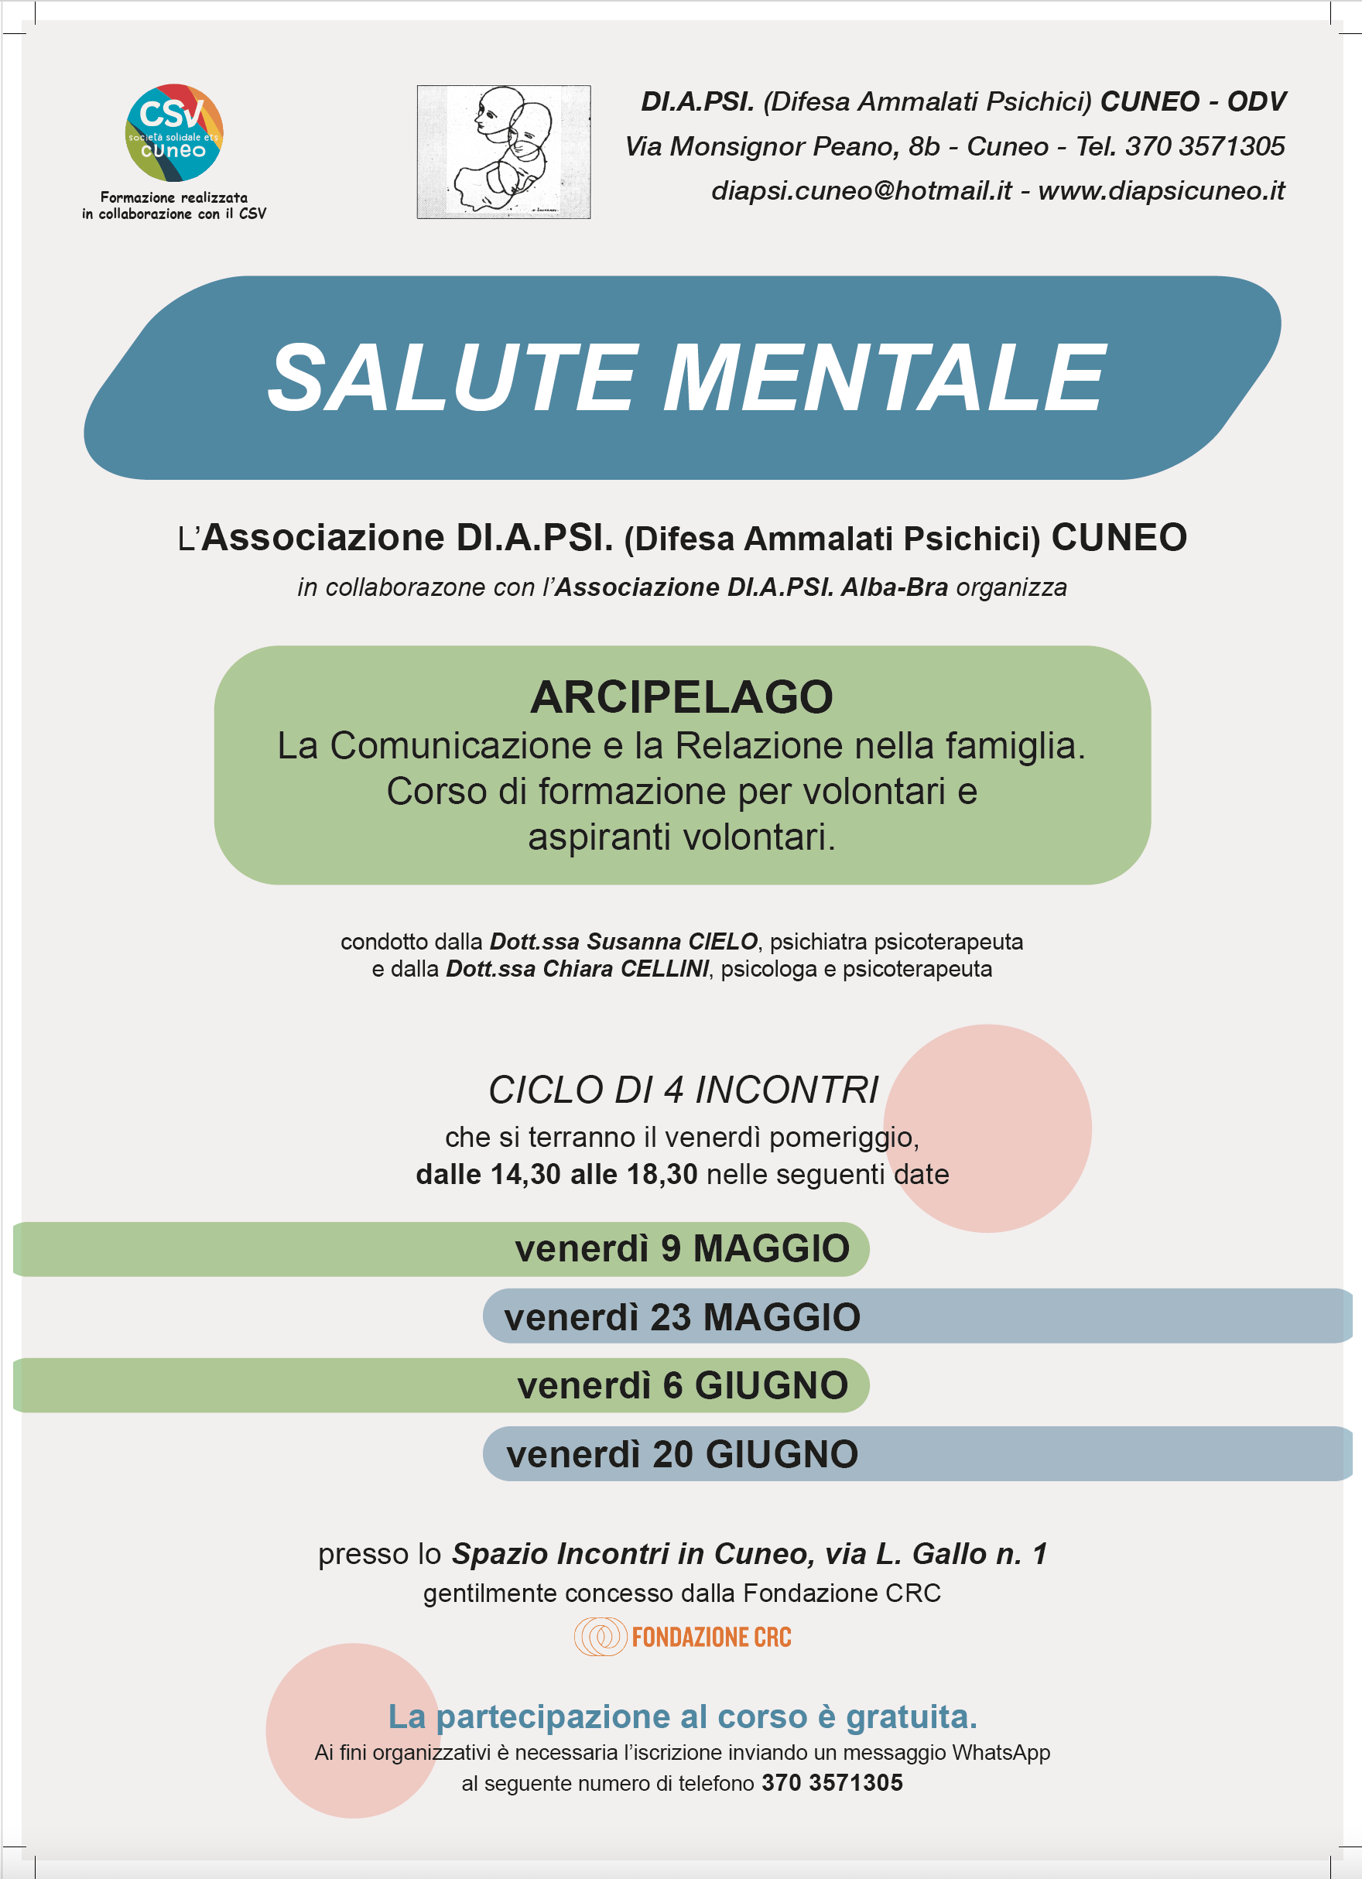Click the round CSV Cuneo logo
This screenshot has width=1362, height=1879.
(174, 132)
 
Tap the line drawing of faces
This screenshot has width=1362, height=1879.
(503, 152)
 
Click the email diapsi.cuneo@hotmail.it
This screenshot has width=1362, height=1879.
(861, 191)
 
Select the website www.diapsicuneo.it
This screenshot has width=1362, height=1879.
(1161, 191)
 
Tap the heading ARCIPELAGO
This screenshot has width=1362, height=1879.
(681, 696)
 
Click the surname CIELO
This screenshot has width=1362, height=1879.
(723, 942)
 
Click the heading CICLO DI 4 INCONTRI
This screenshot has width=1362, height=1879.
(683, 1090)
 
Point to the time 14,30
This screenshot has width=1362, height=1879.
(525, 1175)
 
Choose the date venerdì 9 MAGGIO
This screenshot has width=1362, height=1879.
(682, 1248)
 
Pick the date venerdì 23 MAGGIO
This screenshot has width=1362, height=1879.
(682, 1317)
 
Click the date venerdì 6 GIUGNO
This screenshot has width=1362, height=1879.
(682, 1385)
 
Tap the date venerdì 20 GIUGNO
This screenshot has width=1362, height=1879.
(682, 1454)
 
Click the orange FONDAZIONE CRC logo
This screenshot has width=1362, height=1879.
(683, 1637)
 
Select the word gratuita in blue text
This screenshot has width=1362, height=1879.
(911, 1717)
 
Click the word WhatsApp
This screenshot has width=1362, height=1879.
(1001, 1752)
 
